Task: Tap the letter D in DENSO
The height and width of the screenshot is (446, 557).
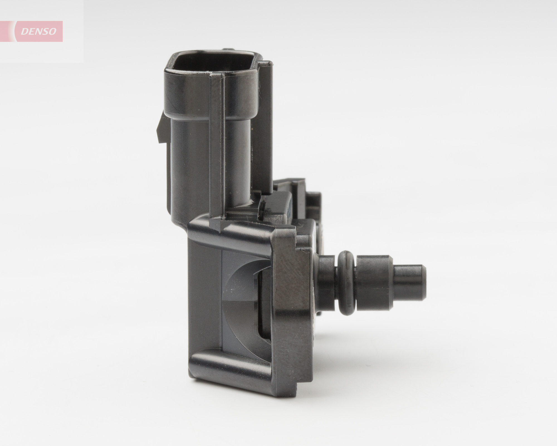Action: (24, 31)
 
